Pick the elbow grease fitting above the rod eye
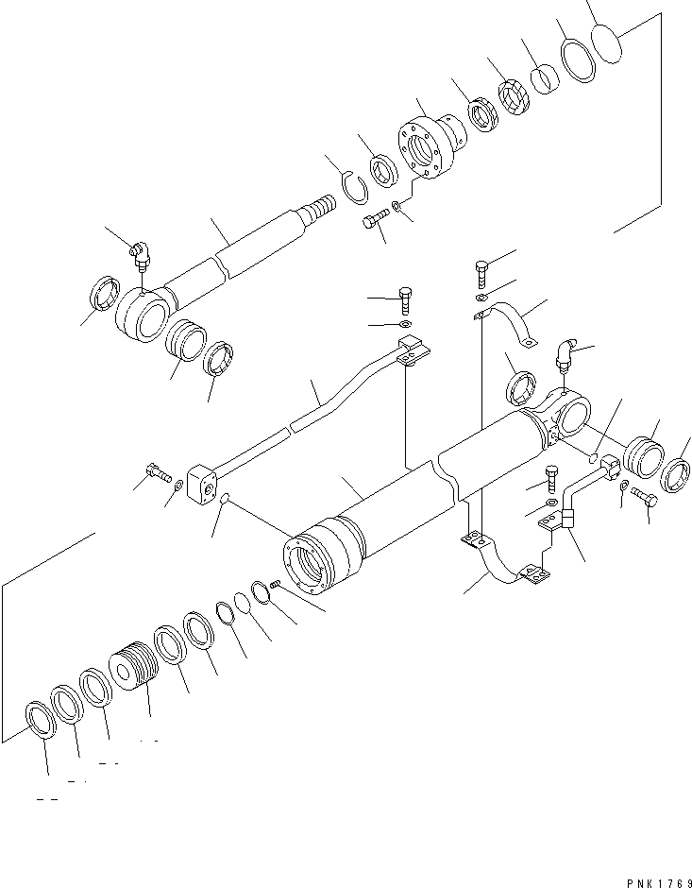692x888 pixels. coord(140,254)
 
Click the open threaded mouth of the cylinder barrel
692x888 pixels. coord(312,567)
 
